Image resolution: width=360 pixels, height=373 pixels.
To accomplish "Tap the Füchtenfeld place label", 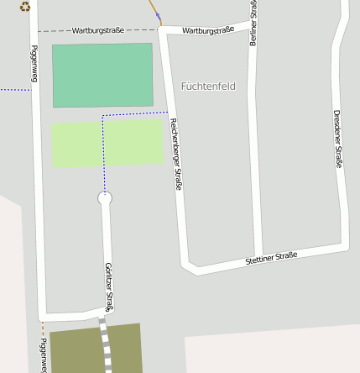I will [208, 86].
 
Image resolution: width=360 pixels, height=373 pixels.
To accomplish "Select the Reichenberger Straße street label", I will [176, 153].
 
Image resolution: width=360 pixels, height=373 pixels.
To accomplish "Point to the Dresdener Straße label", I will [338, 139].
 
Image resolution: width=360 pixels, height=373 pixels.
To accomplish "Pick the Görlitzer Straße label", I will [109, 284].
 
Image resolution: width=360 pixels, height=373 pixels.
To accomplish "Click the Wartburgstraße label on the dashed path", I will [98, 30].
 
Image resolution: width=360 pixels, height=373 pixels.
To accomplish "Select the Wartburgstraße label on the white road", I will [207, 30].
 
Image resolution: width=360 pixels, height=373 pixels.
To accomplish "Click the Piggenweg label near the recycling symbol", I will [34, 63].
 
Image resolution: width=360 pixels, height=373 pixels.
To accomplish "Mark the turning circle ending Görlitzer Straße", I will [104, 198].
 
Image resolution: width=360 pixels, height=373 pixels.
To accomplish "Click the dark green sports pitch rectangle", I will [102, 75].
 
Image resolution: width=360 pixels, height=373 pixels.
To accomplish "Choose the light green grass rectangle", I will [134, 143].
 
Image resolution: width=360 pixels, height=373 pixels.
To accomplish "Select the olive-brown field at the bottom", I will [76, 349].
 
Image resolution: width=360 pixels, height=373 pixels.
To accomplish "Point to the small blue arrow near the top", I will [158, 16].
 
